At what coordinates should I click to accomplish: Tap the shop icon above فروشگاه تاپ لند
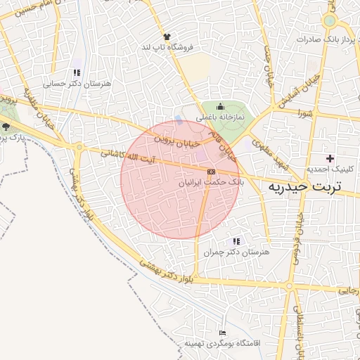point(167,36)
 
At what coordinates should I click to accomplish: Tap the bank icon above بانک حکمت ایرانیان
point(211,172)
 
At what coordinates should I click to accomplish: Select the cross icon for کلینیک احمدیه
point(330,158)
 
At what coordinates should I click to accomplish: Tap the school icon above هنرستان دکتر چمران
point(236,241)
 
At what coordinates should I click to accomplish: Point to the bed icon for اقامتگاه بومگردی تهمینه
point(223,333)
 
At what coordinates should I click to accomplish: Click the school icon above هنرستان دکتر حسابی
point(77,72)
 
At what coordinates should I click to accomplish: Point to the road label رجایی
point(348,289)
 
